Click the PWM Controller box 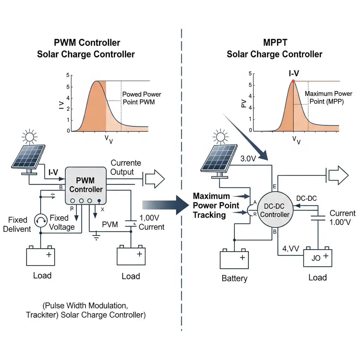(x=85, y=185)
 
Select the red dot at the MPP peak (x=293, y=81)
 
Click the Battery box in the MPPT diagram (x=234, y=259)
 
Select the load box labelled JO (x=317, y=258)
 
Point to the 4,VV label (x=290, y=249)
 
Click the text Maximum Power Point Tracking (x=216, y=205)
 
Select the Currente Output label (x=126, y=167)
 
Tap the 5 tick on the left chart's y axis (x=67, y=75)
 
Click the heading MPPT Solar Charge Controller (x=274, y=49)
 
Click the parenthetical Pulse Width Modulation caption (x=85, y=309)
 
